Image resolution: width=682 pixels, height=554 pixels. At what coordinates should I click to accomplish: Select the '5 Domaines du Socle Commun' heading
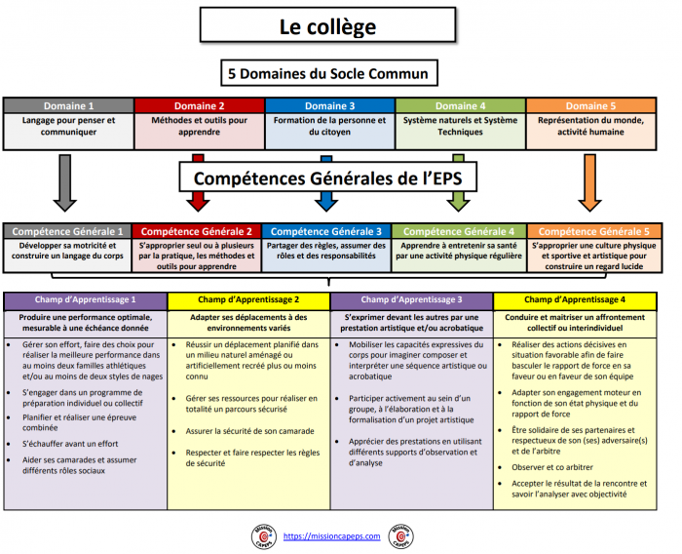point(327,74)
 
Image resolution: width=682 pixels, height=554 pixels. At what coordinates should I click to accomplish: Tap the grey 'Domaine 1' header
point(68,105)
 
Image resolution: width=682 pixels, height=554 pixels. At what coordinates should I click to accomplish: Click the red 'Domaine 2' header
point(199,105)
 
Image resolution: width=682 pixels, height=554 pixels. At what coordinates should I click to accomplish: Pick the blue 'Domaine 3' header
point(330,105)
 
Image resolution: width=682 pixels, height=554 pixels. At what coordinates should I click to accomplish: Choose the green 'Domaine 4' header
point(461,105)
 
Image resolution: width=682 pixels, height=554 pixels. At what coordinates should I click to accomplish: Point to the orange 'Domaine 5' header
point(591,105)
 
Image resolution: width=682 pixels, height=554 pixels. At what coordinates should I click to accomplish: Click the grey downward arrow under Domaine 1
point(64,185)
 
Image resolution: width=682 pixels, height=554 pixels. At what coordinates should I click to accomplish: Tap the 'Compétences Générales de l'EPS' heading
point(328,178)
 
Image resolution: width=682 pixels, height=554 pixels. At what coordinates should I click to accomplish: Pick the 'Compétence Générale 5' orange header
point(593,231)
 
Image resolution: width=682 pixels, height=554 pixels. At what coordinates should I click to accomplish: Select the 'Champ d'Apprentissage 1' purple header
point(86,299)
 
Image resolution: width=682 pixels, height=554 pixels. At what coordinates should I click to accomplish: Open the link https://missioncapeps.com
point(331,535)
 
